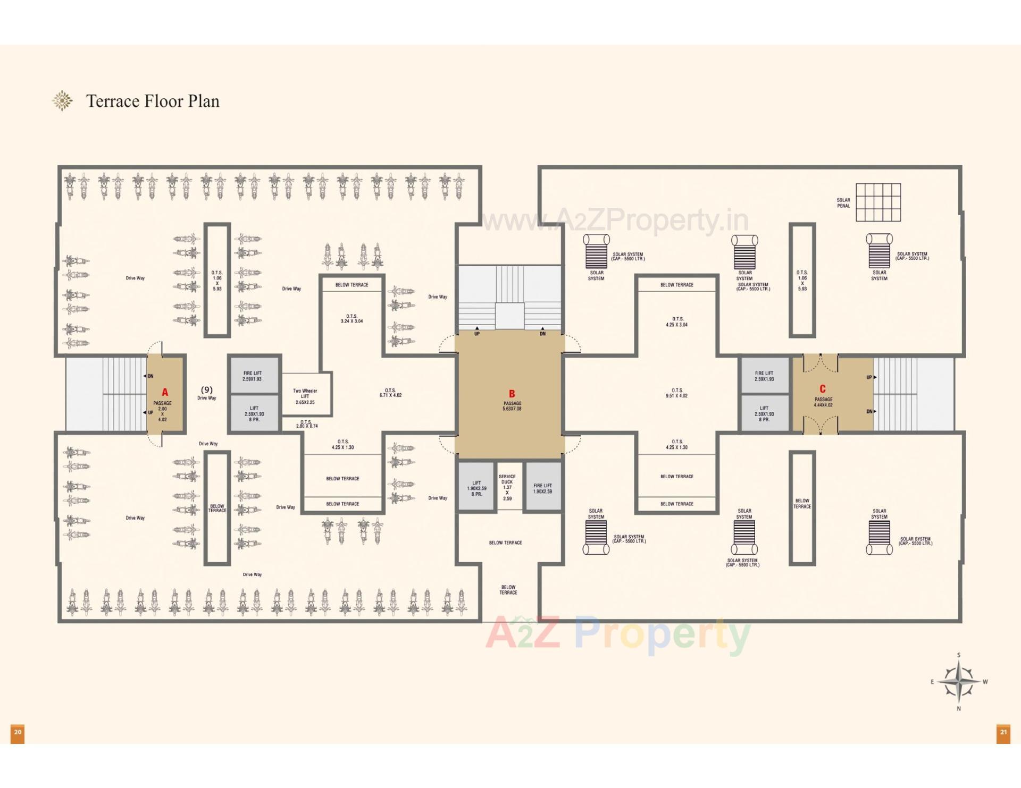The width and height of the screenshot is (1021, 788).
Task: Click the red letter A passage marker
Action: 165,392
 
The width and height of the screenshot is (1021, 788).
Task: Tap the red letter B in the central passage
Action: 512,394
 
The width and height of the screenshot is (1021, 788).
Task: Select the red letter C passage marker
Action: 822,389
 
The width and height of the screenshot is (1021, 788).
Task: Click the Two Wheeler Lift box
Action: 305,396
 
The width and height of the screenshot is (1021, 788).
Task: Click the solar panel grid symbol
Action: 878,202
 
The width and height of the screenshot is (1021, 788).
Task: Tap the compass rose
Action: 958,681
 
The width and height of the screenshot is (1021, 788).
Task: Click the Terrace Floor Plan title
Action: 153,101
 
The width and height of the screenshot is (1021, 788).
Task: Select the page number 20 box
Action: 18,733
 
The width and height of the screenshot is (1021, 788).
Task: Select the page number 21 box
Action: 1003,733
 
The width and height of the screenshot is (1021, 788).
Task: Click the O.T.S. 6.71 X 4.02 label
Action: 390,393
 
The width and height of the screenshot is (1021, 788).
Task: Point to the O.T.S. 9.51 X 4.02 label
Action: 676,393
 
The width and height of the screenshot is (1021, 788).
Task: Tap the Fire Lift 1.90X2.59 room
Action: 542,488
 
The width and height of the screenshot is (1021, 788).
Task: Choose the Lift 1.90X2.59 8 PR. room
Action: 476,488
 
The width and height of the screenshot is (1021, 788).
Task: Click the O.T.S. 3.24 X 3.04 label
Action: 352,318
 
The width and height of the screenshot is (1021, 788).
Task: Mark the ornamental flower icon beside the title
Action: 62,100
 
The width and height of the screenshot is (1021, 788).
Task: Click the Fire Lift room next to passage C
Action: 764,376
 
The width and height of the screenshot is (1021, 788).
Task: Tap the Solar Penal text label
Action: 843,203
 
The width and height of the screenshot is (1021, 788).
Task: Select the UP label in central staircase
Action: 477,334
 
